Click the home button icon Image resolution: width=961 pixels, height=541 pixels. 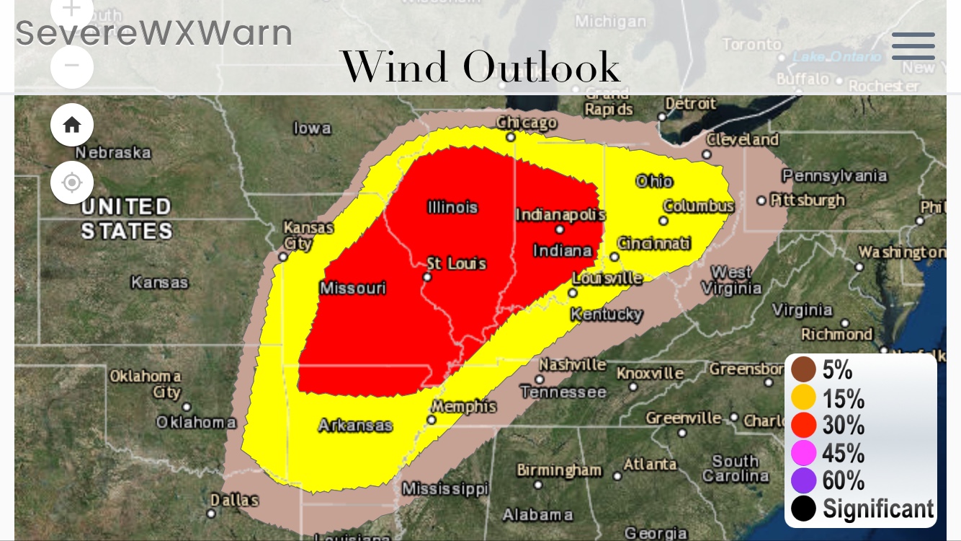(x=72, y=125)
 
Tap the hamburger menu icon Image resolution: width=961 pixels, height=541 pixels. (x=913, y=46)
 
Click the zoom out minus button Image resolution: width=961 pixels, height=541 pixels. (x=72, y=66)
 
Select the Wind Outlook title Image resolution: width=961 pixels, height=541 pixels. (x=480, y=67)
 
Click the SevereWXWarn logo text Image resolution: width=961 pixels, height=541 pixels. (x=154, y=33)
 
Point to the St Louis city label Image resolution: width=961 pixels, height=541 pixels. (x=457, y=264)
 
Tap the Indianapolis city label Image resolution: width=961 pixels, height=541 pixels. (x=560, y=215)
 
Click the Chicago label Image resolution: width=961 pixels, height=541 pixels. (x=527, y=123)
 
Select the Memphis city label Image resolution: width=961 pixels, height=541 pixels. (x=465, y=407)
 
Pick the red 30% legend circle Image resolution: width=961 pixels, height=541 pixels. (x=803, y=426)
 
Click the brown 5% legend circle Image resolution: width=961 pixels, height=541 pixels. (x=803, y=370)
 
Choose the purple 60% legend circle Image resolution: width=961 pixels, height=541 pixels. (x=803, y=480)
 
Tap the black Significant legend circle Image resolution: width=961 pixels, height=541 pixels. (x=803, y=509)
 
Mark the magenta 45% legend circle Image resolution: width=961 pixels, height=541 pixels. (x=803, y=453)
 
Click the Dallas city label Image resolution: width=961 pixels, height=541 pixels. (x=234, y=500)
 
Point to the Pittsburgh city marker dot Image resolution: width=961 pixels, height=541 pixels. (x=761, y=201)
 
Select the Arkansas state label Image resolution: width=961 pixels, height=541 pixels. (x=355, y=425)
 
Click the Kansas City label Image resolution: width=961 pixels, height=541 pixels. (x=308, y=235)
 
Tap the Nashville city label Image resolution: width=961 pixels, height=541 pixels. (x=573, y=364)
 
